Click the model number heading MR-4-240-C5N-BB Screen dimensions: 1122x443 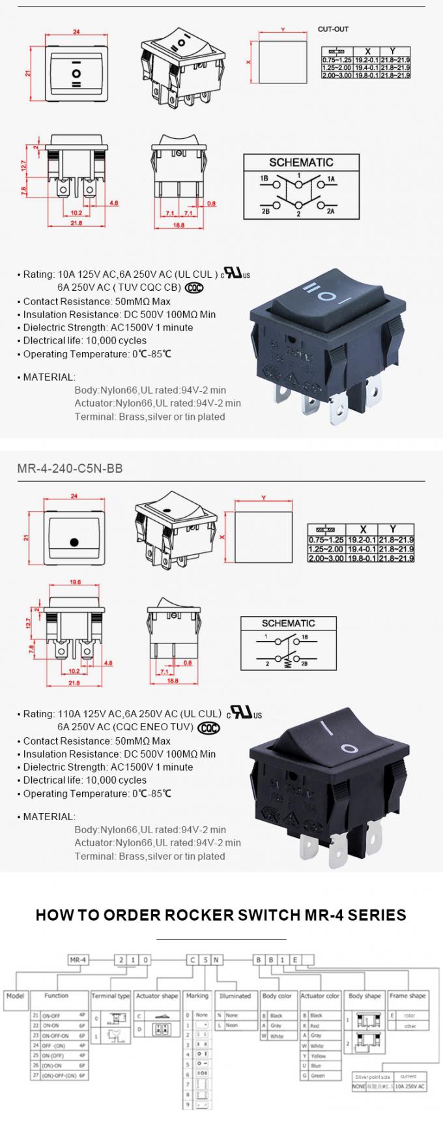(x=70, y=468)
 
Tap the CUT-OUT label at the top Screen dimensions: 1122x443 (x=333, y=29)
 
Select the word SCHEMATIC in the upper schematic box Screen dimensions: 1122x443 (x=301, y=162)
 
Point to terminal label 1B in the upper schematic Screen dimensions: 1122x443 (x=264, y=178)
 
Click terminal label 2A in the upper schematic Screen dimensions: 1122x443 (x=330, y=211)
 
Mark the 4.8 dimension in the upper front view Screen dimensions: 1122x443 (x=113, y=203)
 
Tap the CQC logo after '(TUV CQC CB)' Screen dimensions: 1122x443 (x=194, y=288)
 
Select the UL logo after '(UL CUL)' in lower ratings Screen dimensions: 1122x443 (x=244, y=713)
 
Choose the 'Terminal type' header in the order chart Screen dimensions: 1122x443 (x=111, y=996)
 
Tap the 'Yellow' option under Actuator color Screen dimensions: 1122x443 (x=317, y=1056)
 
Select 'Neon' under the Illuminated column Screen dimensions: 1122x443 (x=232, y=1025)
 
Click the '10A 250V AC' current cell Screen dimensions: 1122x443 (x=408, y=1086)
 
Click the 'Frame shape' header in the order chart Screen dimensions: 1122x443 (x=408, y=996)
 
